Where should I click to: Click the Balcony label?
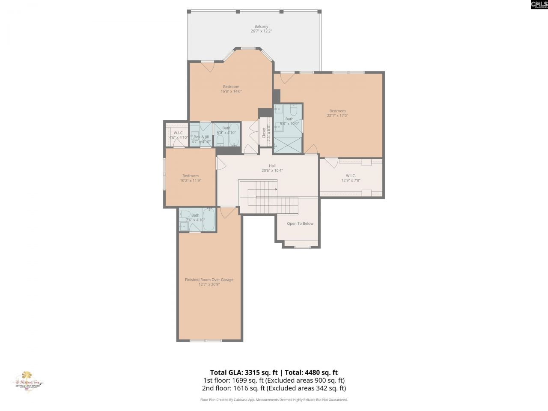(261, 27)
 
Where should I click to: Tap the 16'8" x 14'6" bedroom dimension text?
(231, 91)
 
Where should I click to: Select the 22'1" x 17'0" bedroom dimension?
(337, 115)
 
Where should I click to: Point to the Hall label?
(272, 166)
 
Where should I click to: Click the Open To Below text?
(300, 223)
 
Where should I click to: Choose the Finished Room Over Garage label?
(209, 280)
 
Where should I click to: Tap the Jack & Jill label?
(201, 137)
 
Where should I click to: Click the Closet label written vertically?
(264, 133)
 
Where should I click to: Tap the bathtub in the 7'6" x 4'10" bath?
(209, 219)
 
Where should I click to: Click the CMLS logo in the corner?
(539, 5)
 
